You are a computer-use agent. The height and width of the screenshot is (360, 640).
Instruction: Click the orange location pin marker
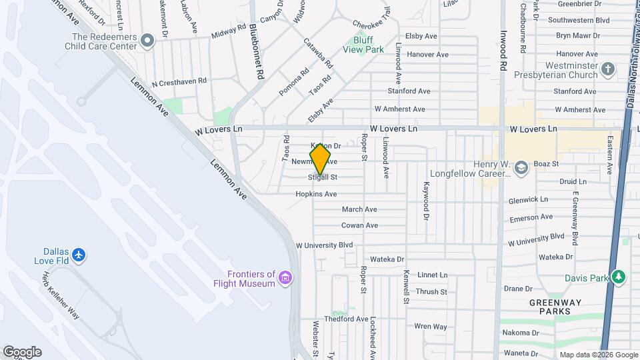coord(321,159)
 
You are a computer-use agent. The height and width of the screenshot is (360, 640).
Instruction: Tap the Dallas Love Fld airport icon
coord(79,254)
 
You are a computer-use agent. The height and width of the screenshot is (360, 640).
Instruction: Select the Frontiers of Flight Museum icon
coord(285,277)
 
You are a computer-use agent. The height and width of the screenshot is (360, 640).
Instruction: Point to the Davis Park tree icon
coord(619,277)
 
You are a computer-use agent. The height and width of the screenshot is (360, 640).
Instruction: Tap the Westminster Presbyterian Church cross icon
coord(607,69)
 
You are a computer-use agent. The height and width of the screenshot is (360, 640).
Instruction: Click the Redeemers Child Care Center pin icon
coord(147,42)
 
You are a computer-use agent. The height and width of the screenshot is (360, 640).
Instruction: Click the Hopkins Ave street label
coord(317,194)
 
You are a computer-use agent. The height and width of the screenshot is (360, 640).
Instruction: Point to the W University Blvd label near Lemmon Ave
coord(325,245)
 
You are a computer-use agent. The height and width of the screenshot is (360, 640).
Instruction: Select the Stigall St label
coord(323,177)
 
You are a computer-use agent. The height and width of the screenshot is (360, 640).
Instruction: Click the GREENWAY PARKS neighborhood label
coord(550,307)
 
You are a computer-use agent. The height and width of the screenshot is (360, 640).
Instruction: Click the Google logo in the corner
coord(22,351)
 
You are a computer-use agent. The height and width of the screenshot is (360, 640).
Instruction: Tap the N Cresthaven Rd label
coord(179,82)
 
